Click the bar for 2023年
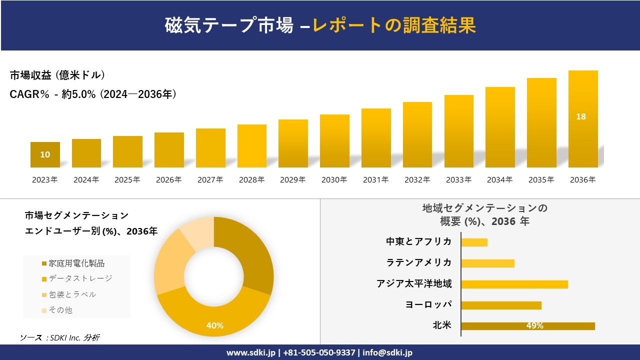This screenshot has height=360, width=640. (45, 154)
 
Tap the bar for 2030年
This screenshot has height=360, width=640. (334, 141)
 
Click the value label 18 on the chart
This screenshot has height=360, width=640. (581, 116)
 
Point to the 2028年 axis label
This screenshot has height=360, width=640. (251, 180)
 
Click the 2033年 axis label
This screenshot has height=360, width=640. (458, 180)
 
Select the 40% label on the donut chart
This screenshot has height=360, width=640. (215, 325)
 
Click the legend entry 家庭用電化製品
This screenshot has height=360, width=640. (73, 263)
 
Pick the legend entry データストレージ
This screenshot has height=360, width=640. (77, 278)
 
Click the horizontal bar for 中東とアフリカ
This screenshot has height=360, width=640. (474, 242)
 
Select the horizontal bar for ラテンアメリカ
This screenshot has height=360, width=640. (487, 263)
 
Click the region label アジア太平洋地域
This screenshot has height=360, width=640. (414, 284)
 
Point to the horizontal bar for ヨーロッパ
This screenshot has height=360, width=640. (501, 305)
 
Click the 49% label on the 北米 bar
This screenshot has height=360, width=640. (534, 326)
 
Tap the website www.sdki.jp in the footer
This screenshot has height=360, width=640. (250, 352)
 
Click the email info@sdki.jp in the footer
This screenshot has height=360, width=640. (387, 352)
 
